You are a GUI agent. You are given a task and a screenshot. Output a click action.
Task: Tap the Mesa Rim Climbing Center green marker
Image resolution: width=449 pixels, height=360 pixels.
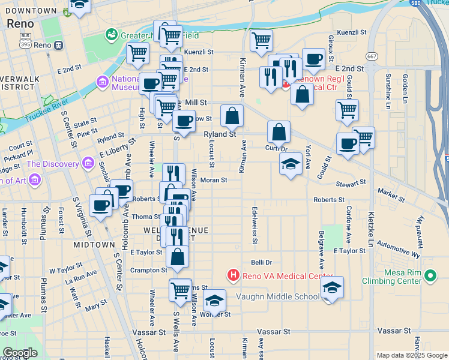(x=430, y=276)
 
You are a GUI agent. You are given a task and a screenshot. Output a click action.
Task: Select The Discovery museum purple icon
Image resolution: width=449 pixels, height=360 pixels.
(x=89, y=164)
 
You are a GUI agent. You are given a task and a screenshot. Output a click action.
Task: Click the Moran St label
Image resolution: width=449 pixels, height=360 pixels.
(x=214, y=179)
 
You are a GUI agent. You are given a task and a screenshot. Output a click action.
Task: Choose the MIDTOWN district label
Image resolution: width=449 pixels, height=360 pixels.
(x=94, y=245)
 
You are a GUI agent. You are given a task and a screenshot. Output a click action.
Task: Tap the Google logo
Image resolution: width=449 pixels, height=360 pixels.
(x=20, y=353)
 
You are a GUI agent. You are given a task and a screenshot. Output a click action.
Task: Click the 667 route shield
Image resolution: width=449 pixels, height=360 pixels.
(x=373, y=56)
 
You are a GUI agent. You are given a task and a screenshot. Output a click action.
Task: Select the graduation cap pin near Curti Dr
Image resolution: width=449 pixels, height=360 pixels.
(x=291, y=164)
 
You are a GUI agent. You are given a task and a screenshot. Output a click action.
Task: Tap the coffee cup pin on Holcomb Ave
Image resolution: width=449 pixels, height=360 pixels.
(x=122, y=191)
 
